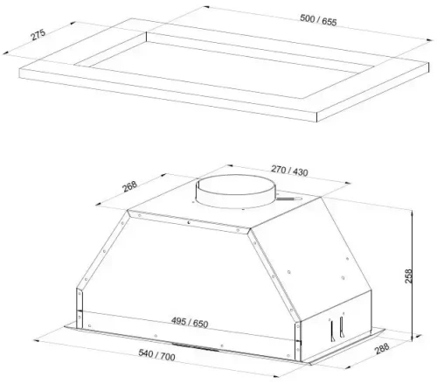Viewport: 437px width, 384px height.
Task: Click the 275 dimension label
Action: click(x=38, y=34)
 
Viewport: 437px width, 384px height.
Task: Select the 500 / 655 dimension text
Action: click(x=318, y=20)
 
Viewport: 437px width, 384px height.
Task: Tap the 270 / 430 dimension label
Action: click(x=289, y=171)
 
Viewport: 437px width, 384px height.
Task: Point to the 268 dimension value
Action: click(x=129, y=186)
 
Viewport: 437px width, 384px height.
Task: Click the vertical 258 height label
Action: click(x=408, y=276)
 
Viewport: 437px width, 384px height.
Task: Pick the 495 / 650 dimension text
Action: click(x=190, y=323)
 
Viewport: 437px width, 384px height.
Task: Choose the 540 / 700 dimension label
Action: click(x=156, y=355)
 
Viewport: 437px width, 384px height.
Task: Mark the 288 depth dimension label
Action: click(x=382, y=348)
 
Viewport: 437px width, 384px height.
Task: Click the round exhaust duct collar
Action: click(x=235, y=192)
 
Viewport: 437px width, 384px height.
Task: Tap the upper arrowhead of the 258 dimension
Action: click(x=412, y=214)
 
